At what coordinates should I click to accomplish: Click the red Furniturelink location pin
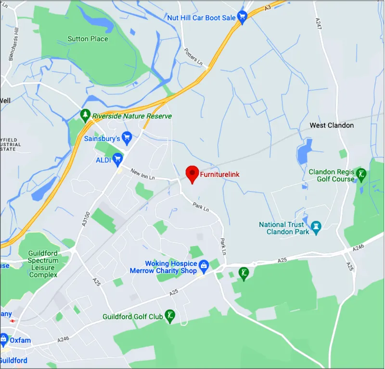[x=192, y=173]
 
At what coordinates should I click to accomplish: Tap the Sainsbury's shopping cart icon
[x=127, y=138]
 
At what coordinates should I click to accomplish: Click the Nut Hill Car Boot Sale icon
[x=242, y=18]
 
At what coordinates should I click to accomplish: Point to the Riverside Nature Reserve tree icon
[x=85, y=115]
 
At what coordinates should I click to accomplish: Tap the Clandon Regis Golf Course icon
[x=361, y=174]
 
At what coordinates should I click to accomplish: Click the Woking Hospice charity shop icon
[x=204, y=265]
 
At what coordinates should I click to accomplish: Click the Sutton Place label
[x=88, y=38]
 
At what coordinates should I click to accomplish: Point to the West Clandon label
[x=332, y=125]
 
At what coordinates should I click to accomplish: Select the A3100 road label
[x=86, y=219]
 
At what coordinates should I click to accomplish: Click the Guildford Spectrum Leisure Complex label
[x=43, y=264]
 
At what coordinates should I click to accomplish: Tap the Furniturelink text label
[x=219, y=174]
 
